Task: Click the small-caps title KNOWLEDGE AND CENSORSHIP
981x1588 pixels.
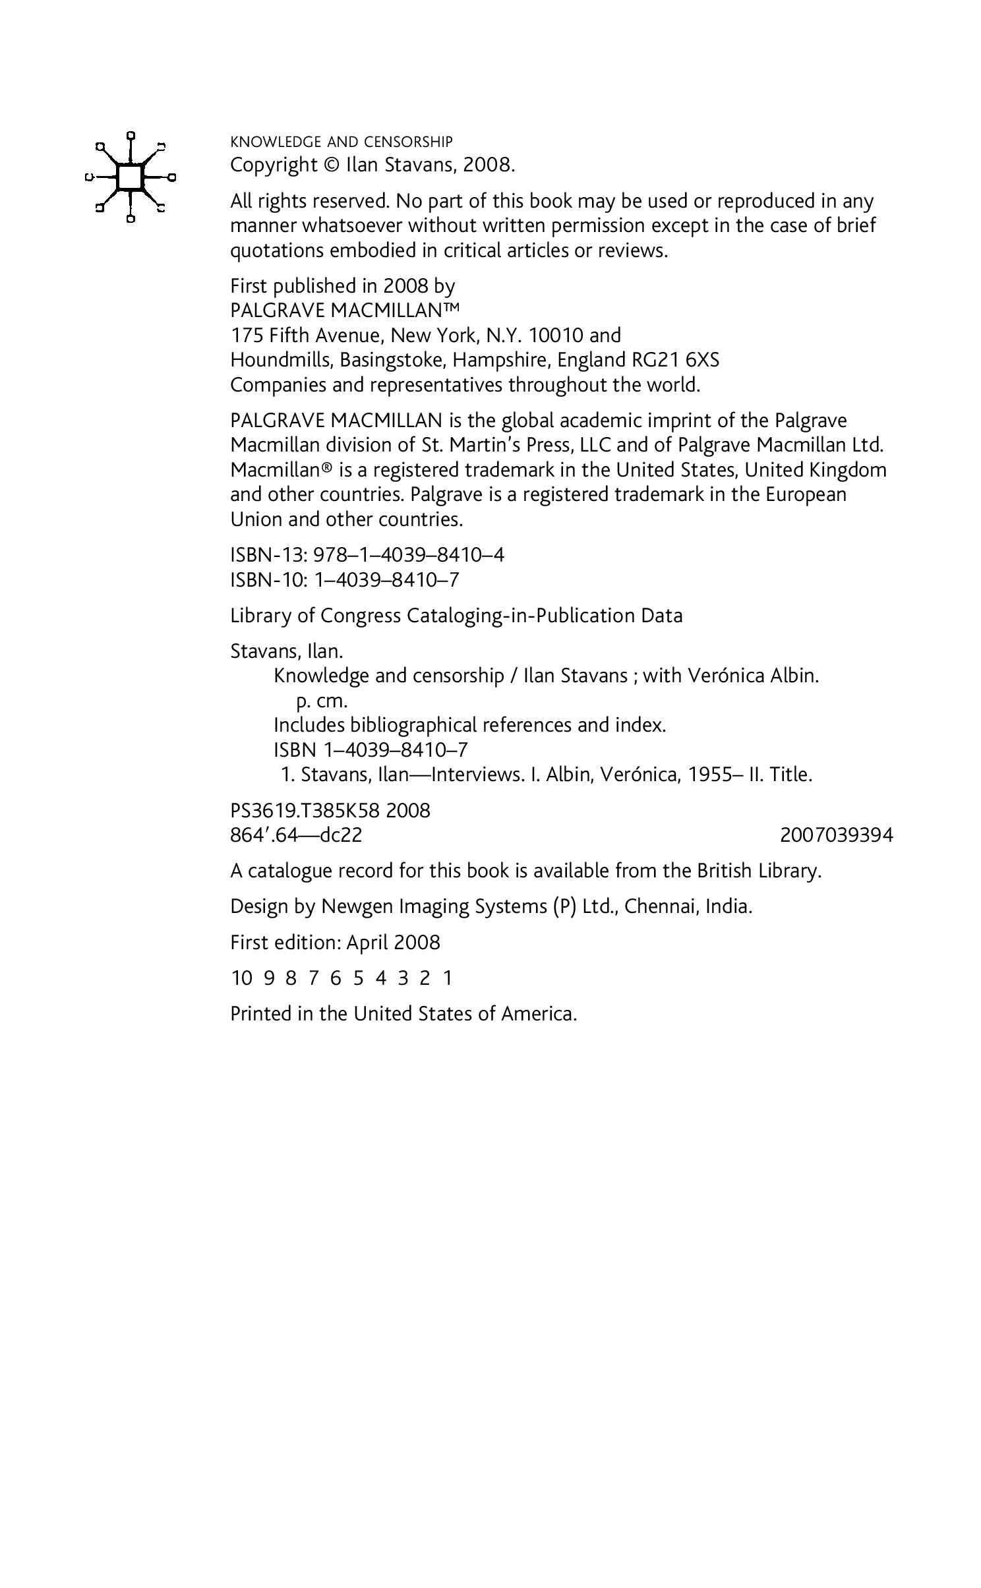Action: (x=341, y=142)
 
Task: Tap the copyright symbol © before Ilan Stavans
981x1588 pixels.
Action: (x=330, y=165)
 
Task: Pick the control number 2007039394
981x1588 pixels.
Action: (x=836, y=835)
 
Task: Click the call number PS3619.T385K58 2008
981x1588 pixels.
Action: (x=330, y=811)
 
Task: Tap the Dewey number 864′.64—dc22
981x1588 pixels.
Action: (x=296, y=835)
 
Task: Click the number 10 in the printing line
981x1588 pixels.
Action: (x=241, y=978)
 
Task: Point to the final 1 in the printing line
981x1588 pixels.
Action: (x=448, y=978)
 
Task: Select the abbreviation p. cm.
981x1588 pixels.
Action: (x=322, y=701)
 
